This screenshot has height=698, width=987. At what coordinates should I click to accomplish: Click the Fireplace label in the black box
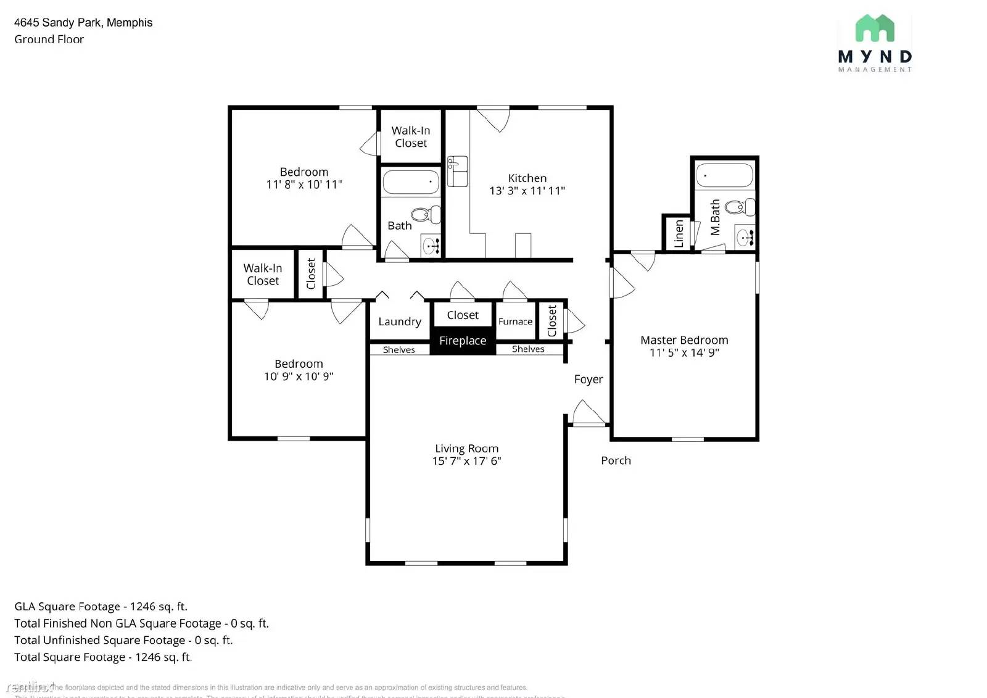coord(463,341)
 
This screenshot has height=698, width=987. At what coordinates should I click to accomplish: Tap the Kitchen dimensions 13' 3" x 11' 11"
coord(527,191)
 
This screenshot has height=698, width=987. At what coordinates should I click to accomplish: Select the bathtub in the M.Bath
coord(724,175)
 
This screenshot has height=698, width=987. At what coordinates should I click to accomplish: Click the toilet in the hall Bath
coord(425,214)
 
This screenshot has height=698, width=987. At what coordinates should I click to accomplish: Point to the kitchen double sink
coord(457,171)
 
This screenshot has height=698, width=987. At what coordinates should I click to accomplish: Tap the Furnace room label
coord(515,322)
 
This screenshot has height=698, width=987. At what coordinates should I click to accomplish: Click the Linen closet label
coord(679,233)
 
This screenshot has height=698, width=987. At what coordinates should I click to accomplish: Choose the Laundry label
coord(400,322)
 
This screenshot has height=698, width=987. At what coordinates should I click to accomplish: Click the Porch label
coord(616,460)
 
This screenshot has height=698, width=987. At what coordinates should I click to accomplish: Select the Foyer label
coord(588,380)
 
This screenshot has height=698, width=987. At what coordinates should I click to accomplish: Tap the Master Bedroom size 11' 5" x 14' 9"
coord(684,352)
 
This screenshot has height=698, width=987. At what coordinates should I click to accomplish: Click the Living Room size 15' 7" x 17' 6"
coord(466,461)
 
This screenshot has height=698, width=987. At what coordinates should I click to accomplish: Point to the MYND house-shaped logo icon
coord(874,28)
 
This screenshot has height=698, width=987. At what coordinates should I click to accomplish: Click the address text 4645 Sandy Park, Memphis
coord(83,23)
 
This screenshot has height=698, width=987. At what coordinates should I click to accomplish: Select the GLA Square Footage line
coord(101,607)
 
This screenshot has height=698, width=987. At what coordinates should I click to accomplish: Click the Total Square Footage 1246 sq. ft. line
coord(103,657)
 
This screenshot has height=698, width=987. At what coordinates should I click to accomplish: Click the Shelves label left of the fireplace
coord(399,350)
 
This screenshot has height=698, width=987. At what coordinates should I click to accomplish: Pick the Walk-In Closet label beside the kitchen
coord(410,137)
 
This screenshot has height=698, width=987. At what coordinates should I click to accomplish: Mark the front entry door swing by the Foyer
coord(588,413)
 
